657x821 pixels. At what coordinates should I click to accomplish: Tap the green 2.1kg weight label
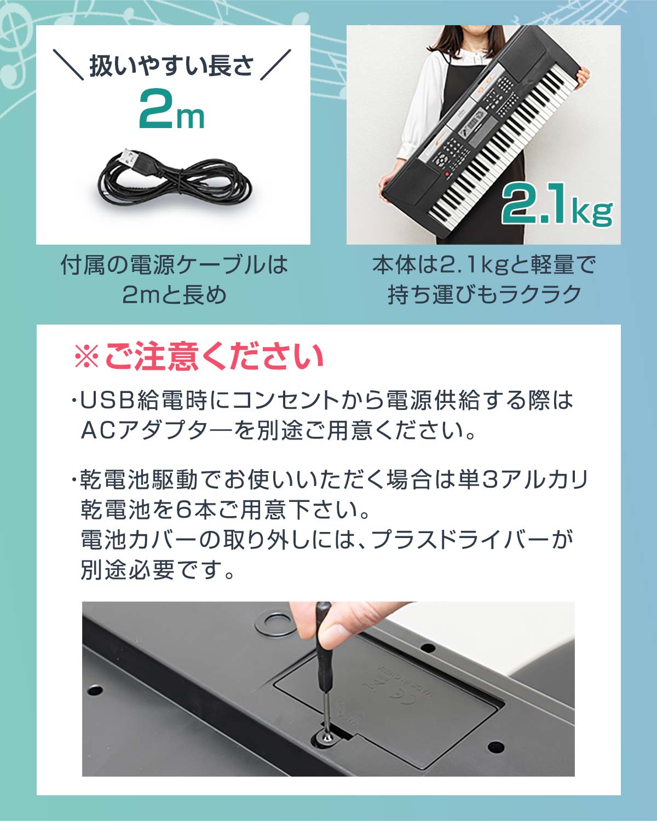pyautogui.click(x=556, y=206)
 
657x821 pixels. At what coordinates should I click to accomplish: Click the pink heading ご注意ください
pyautogui.click(x=214, y=357)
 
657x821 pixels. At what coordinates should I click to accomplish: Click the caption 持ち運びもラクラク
pyautogui.click(x=484, y=295)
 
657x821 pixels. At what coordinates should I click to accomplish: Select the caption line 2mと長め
pyautogui.click(x=174, y=295)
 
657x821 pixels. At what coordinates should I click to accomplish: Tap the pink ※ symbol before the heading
pyautogui.click(x=86, y=357)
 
